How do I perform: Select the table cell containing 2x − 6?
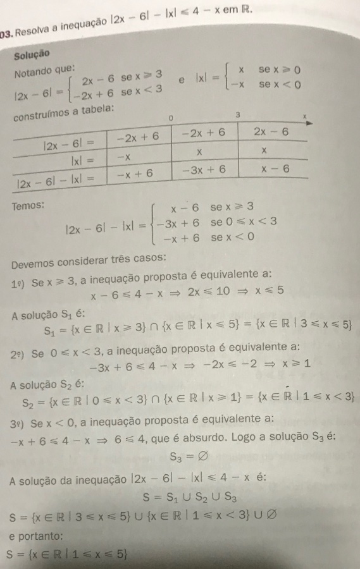click(x=271, y=132)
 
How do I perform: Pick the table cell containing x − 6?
click(x=276, y=169)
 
